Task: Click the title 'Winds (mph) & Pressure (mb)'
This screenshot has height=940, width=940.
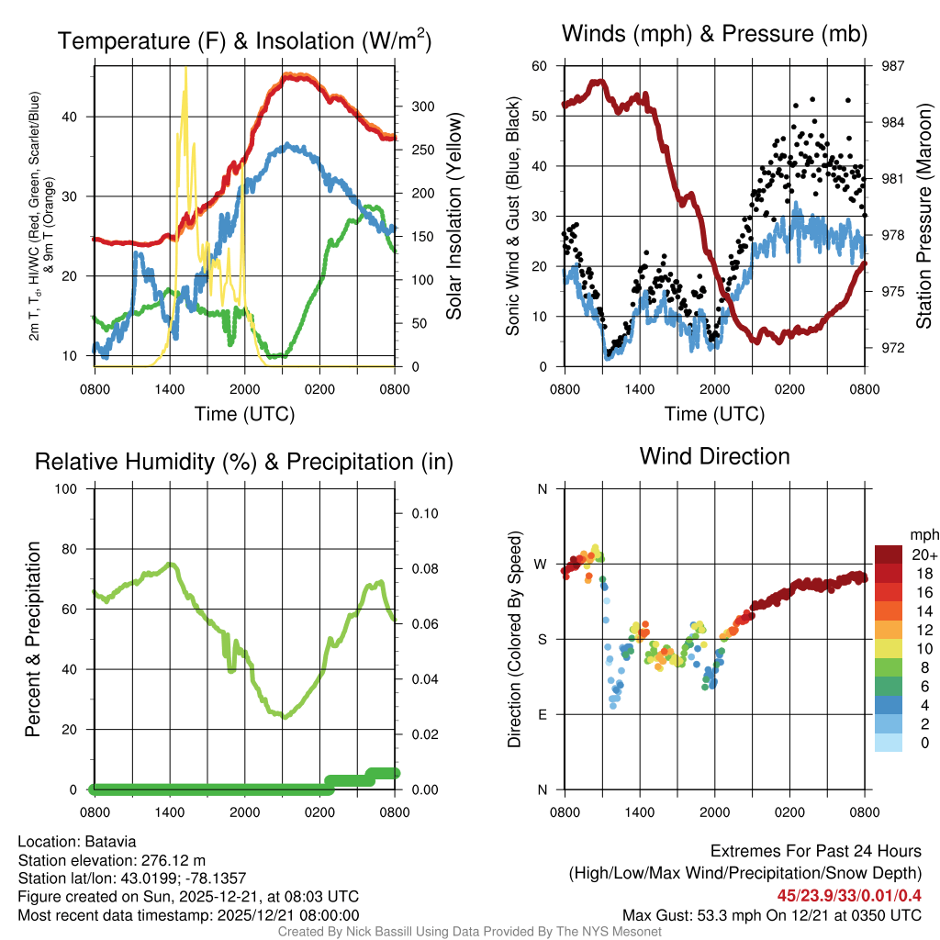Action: coord(714,34)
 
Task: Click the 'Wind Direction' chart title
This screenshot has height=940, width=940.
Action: coord(714,456)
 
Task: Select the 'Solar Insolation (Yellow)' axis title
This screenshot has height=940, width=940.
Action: coord(453,217)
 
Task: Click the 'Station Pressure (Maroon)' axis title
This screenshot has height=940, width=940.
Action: coord(923,217)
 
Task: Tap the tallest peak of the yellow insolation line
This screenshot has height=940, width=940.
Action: coord(185,69)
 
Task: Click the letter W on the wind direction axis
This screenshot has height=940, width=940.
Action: coord(542,564)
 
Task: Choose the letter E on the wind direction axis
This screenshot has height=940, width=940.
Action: coord(542,714)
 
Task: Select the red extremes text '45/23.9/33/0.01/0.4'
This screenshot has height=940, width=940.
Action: coord(849,894)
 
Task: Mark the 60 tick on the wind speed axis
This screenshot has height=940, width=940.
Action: coord(541,66)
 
